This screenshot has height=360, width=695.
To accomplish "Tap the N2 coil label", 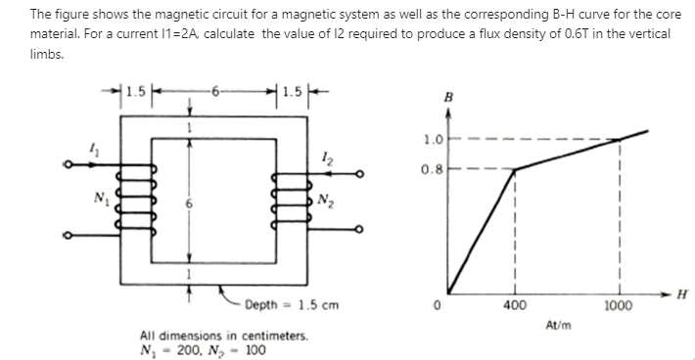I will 325,202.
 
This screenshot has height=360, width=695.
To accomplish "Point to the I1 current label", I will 93,148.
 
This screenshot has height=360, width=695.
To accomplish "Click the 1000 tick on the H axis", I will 620,306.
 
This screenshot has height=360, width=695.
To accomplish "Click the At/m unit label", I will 560,324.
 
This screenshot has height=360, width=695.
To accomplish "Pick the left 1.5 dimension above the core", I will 138,94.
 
